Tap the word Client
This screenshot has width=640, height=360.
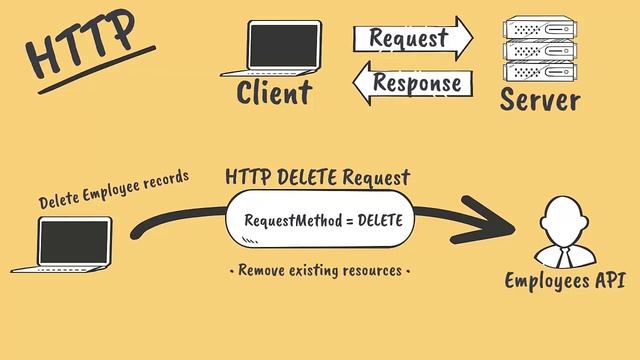tap(274, 94)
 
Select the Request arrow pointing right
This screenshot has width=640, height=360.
tap(411, 39)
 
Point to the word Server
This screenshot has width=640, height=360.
tap(539, 99)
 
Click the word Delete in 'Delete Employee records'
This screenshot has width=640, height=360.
tap(59, 198)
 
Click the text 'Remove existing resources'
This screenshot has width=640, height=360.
tap(320, 270)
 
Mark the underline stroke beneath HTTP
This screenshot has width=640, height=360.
tap(100, 70)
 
